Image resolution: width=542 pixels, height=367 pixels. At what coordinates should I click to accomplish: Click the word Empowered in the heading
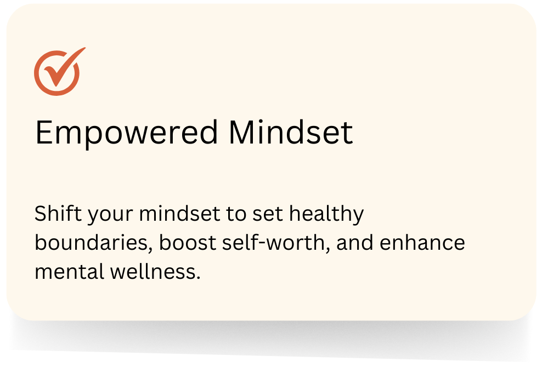point(127,134)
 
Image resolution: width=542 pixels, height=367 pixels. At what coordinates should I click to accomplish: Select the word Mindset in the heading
point(291,131)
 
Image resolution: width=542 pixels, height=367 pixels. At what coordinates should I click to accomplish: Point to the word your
point(110,215)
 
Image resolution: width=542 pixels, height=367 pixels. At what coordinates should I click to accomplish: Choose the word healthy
point(326,215)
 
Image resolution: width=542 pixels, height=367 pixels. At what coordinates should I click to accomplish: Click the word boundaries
point(92,242)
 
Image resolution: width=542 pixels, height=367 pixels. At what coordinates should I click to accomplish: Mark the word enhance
point(422,242)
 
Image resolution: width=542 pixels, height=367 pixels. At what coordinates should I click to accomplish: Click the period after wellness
point(199,278)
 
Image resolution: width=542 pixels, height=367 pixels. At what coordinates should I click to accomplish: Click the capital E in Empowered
point(43,132)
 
